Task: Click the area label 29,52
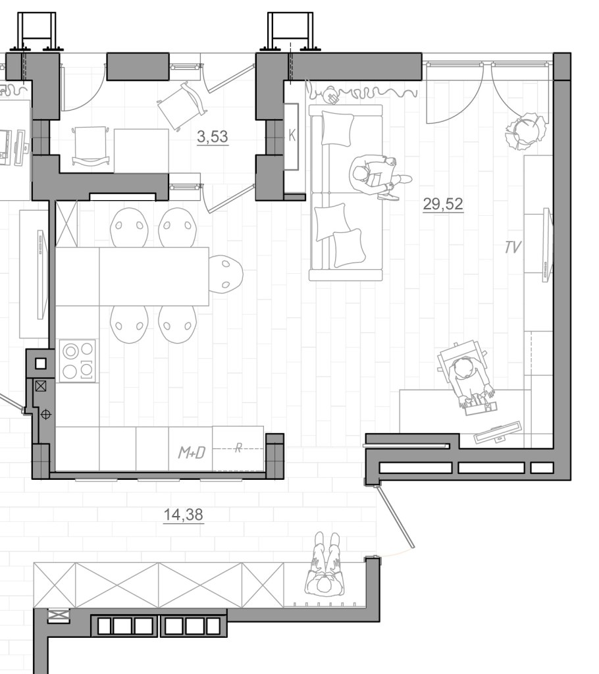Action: [x=443, y=203]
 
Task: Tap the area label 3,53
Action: [x=213, y=137]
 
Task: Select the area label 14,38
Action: [x=183, y=515]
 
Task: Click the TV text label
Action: [x=513, y=247]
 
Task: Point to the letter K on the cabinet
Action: [x=292, y=136]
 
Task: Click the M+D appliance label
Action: [x=192, y=453]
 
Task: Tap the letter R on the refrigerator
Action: [x=238, y=448]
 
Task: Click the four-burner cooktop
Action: [x=78, y=361]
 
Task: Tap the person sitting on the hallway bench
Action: [x=326, y=565]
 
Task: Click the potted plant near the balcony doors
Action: [x=527, y=131]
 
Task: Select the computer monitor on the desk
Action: [x=498, y=432]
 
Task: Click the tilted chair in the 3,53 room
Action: [x=182, y=105]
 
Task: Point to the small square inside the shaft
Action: [x=40, y=363]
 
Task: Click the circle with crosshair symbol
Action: [x=45, y=415]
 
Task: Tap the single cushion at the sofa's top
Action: [x=338, y=128]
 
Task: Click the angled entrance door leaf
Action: [x=396, y=517]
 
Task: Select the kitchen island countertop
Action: [x=132, y=276]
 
